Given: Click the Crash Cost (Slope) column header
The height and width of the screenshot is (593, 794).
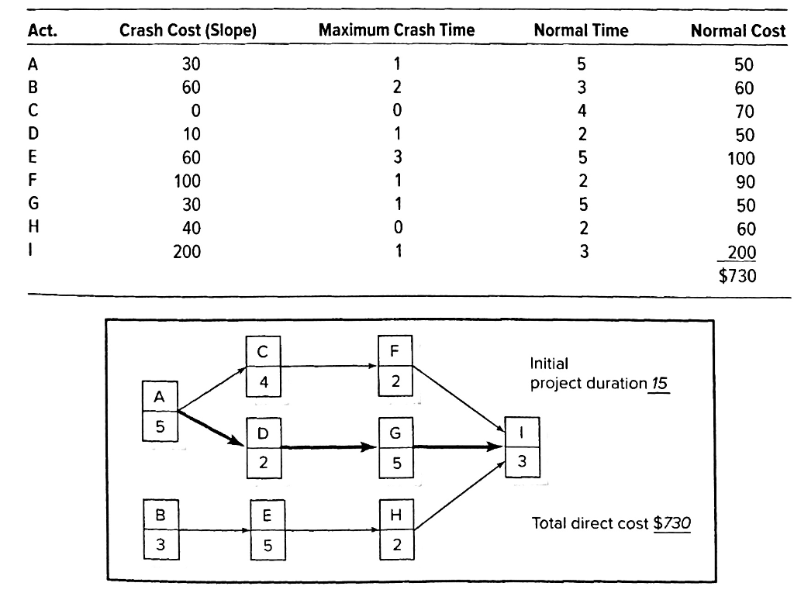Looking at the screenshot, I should tap(188, 31).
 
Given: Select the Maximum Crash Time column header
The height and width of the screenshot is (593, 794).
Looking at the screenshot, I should tap(396, 31).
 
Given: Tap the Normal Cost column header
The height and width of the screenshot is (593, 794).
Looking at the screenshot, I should tap(737, 31).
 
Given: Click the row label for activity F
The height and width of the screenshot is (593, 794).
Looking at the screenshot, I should tap(33, 181).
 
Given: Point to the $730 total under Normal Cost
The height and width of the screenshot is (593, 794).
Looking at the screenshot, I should tap(737, 275).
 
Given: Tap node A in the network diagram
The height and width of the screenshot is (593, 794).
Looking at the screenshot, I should tap(159, 411).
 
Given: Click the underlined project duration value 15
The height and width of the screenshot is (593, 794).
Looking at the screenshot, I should tap(659, 384).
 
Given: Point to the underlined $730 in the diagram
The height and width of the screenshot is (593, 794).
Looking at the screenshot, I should tap(671, 522).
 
